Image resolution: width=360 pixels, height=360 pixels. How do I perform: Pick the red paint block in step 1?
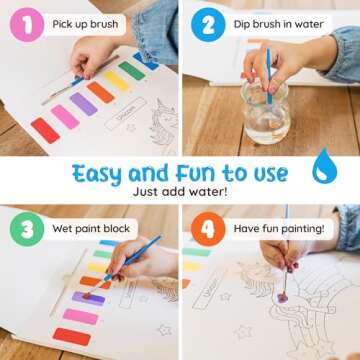point(46,130)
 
